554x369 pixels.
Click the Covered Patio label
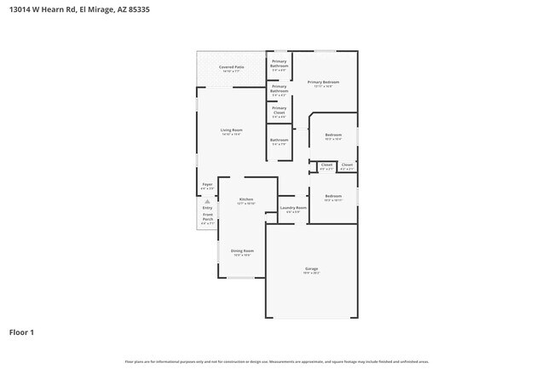(226, 66)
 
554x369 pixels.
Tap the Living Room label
(231, 130)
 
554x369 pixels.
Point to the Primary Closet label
(280, 108)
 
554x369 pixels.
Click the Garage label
(311, 268)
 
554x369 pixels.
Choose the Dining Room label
(242, 251)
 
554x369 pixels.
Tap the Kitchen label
(245, 199)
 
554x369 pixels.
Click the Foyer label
(207, 184)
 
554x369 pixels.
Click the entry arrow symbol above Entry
(207, 201)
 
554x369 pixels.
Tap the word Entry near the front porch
(207, 207)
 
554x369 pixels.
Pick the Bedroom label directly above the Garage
(332, 196)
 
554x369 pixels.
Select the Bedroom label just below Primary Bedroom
(332, 135)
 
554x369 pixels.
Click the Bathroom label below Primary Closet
(280, 140)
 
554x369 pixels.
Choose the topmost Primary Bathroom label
(280, 62)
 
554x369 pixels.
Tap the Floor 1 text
(21, 332)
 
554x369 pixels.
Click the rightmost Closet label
(347, 164)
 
